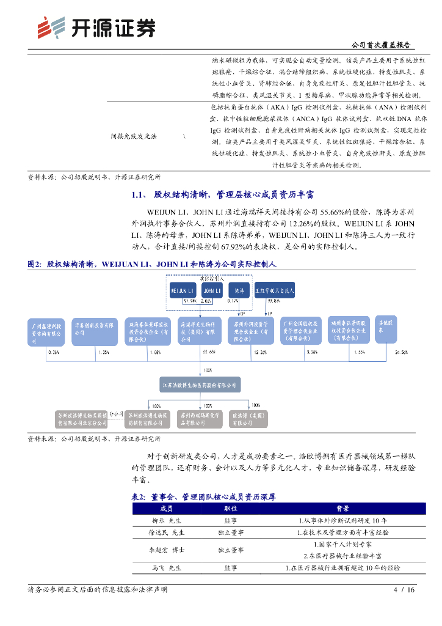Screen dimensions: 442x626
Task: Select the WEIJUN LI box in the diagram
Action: pos(183,290)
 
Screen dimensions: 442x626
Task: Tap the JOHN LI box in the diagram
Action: pos(211,290)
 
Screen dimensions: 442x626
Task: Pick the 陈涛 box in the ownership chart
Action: pos(239,290)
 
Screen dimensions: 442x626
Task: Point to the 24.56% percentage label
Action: pos(401,353)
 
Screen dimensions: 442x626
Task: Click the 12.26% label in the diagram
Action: pos(260,353)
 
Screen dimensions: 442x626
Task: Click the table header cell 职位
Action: pos(231,508)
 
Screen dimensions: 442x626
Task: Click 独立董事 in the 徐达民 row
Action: pos(231,532)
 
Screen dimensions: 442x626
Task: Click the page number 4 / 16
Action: pos(404,590)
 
